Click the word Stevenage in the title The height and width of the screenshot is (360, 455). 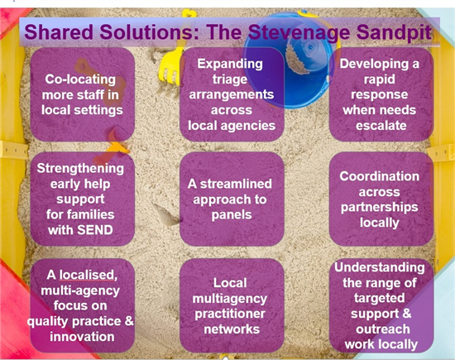tap(299, 32)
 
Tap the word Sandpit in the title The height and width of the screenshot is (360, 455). tap(394, 32)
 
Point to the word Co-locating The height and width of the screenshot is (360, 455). tap(80, 79)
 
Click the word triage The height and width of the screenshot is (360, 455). tap(230, 79)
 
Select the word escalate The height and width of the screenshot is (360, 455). tap(381, 126)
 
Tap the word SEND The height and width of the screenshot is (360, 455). tap(94, 230)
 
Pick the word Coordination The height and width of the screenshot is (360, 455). tap(379, 176)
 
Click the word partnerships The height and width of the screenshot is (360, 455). tap(379, 207)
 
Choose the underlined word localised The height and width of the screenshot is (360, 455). tap(89, 275)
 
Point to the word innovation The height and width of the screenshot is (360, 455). tap(82, 337)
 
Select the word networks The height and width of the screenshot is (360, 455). tap(232, 329)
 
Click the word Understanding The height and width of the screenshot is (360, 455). tap(380, 267)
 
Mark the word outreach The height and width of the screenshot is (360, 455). tap(383, 329)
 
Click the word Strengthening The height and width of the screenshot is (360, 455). tap(80, 169)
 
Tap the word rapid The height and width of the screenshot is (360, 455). tap(380, 79)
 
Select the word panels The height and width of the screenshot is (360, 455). tap(232, 215)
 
